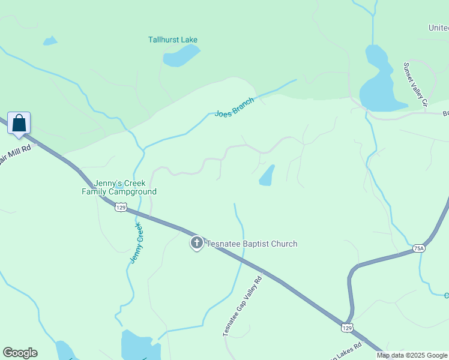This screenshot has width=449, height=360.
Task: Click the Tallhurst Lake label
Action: [x=173, y=40]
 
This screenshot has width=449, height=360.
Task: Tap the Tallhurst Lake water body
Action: [x=180, y=56]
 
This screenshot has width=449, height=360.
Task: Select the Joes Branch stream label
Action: [x=234, y=106]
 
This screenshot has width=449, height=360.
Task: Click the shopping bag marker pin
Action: [x=19, y=123]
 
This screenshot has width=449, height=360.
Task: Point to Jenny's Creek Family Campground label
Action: [x=119, y=188]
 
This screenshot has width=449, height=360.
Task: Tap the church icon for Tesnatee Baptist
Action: [x=196, y=243]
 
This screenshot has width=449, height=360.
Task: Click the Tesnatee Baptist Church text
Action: [x=252, y=244]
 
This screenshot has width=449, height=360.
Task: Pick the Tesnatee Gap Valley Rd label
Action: [x=243, y=305]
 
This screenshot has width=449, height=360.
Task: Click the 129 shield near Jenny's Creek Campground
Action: [x=121, y=207]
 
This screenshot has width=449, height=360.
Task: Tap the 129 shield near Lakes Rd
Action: [x=347, y=327]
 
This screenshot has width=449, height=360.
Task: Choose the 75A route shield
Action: [x=418, y=248]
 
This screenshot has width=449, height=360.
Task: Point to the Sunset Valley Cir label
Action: [x=415, y=85]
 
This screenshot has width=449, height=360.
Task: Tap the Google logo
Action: [x=20, y=353]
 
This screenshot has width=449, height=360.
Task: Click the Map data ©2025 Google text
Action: [x=412, y=355]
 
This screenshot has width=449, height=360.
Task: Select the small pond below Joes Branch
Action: [x=267, y=175]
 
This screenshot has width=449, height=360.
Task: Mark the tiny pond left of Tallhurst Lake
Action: [x=50, y=41]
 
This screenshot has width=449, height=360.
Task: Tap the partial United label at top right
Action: [x=438, y=28]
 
